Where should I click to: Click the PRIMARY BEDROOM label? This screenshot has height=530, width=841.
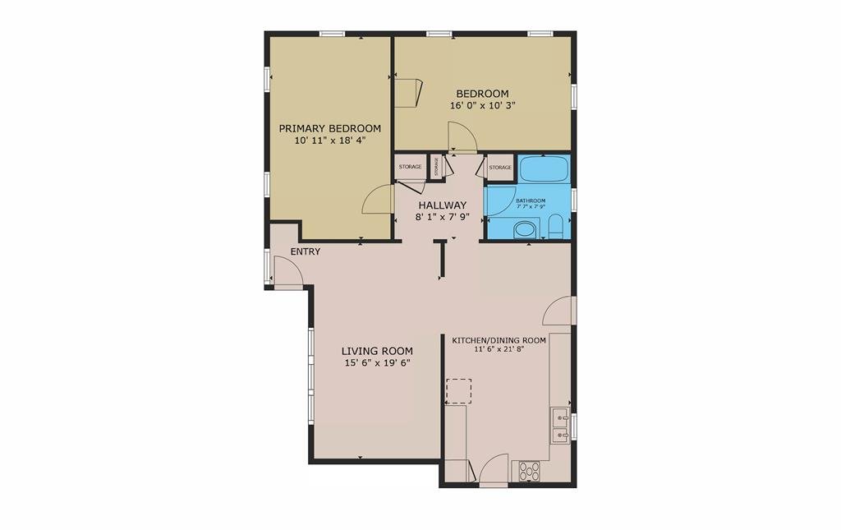pyautogui.click(x=330, y=129)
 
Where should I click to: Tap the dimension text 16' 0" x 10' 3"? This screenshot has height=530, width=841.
pyautogui.click(x=483, y=106)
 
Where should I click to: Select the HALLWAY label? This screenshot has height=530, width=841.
pyautogui.click(x=443, y=205)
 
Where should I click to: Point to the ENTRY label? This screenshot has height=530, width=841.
pyautogui.click(x=306, y=251)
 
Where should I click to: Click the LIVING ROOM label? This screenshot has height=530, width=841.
pyautogui.click(x=377, y=352)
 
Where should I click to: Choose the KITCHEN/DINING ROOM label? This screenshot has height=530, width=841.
pyautogui.click(x=499, y=340)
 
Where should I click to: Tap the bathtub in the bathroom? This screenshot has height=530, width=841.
pyautogui.click(x=544, y=168)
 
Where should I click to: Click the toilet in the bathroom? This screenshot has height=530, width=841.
pyautogui.click(x=556, y=227)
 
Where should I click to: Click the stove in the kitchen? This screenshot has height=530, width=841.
pyautogui.click(x=529, y=471)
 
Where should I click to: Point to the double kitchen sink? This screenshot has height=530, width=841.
pyautogui.click(x=560, y=426)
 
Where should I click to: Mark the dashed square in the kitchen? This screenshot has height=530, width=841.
pyautogui.click(x=458, y=391)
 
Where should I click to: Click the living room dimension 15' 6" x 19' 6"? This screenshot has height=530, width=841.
pyautogui.click(x=377, y=363)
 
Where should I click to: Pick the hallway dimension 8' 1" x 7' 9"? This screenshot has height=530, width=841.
pyautogui.click(x=443, y=217)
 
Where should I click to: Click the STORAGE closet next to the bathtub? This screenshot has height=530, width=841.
pyautogui.click(x=500, y=168)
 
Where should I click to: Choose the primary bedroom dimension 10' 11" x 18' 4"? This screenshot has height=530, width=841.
pyautogui.click(x=330, y=141)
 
